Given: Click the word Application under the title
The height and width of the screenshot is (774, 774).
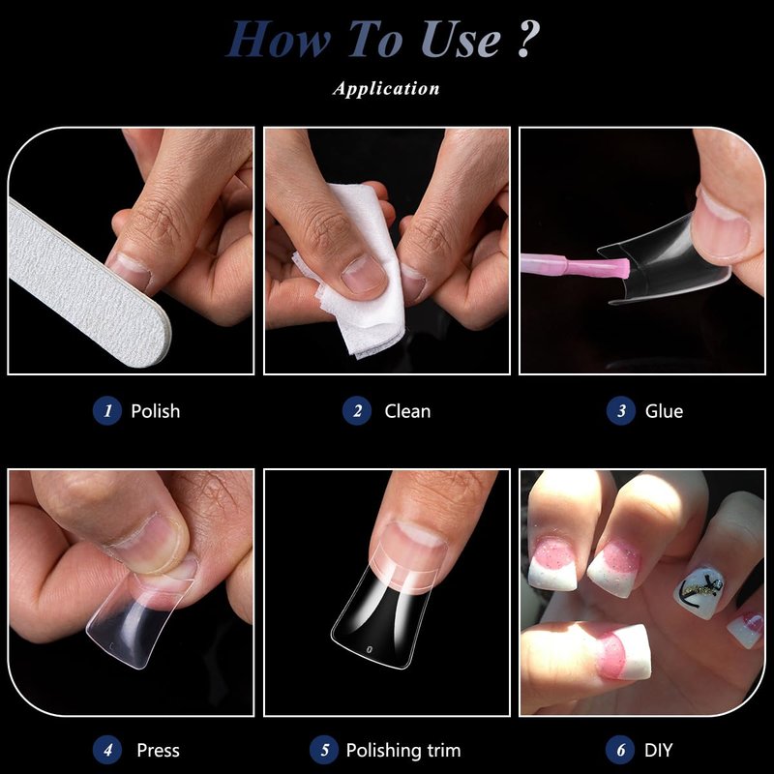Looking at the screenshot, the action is point(386,88).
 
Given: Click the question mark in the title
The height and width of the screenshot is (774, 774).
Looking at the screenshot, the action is point(528,39).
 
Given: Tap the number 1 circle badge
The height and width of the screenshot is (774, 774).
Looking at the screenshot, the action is point(107,410).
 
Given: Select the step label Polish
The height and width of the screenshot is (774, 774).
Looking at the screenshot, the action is point(156,411).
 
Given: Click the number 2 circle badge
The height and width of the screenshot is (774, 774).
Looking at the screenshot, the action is point(357,410).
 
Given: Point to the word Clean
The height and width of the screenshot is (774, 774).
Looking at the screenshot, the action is point(407,411).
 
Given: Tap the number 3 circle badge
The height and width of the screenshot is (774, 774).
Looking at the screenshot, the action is point(621,410).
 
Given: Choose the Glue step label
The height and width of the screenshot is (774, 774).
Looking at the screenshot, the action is point(664,411).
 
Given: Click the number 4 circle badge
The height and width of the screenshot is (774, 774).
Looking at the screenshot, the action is point(107,750).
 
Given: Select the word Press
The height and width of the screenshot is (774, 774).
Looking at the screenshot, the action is point(158,751).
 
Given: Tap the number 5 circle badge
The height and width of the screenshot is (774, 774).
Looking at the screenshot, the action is point(324,750).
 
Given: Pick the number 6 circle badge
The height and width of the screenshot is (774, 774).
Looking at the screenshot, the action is point(620,750).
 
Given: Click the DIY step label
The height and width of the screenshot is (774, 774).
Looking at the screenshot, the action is point(659,751).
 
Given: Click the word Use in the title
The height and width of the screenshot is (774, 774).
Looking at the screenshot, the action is point(461,40).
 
